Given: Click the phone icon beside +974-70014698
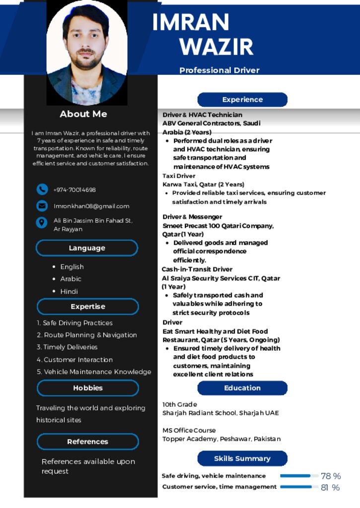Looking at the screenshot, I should pos(42,190).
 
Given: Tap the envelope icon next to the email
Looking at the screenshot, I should pos(42,206).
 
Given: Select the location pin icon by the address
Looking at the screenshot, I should pos(42,223).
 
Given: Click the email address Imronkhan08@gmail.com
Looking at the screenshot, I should pos(91,206).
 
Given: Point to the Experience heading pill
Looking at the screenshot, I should pos(242,100).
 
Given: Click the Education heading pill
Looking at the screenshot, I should pos(242,388).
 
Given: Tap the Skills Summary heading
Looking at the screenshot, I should pos(242,458).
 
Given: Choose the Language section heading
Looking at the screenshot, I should pos(87,248).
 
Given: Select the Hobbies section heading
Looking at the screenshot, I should pos(88,388).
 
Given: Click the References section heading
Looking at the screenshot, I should pos(87,442).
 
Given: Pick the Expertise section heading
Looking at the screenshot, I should pos(88,307).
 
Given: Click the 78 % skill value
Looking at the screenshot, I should pos(331,476).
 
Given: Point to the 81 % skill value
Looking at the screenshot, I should pos(330,488).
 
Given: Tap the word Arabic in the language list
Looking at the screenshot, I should pos(71,279).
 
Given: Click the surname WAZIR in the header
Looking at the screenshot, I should pos(216,46).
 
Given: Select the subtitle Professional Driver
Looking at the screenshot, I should pos(219,70).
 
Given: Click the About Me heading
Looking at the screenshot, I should pos(83,114).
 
